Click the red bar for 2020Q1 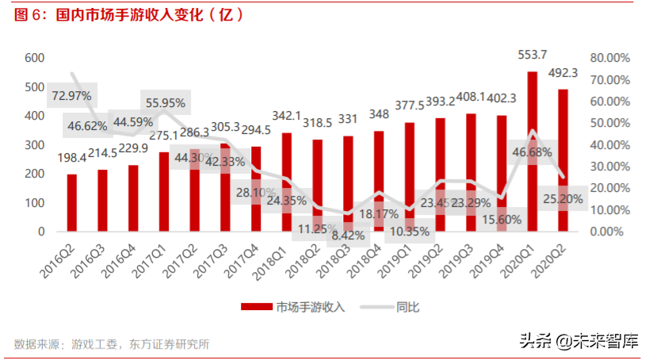533,151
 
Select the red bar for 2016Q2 72,203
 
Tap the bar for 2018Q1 287,182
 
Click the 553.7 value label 533,54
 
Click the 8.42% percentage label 345,235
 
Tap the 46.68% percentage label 532,151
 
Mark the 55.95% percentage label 165,102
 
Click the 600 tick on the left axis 33,58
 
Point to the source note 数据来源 112,344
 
